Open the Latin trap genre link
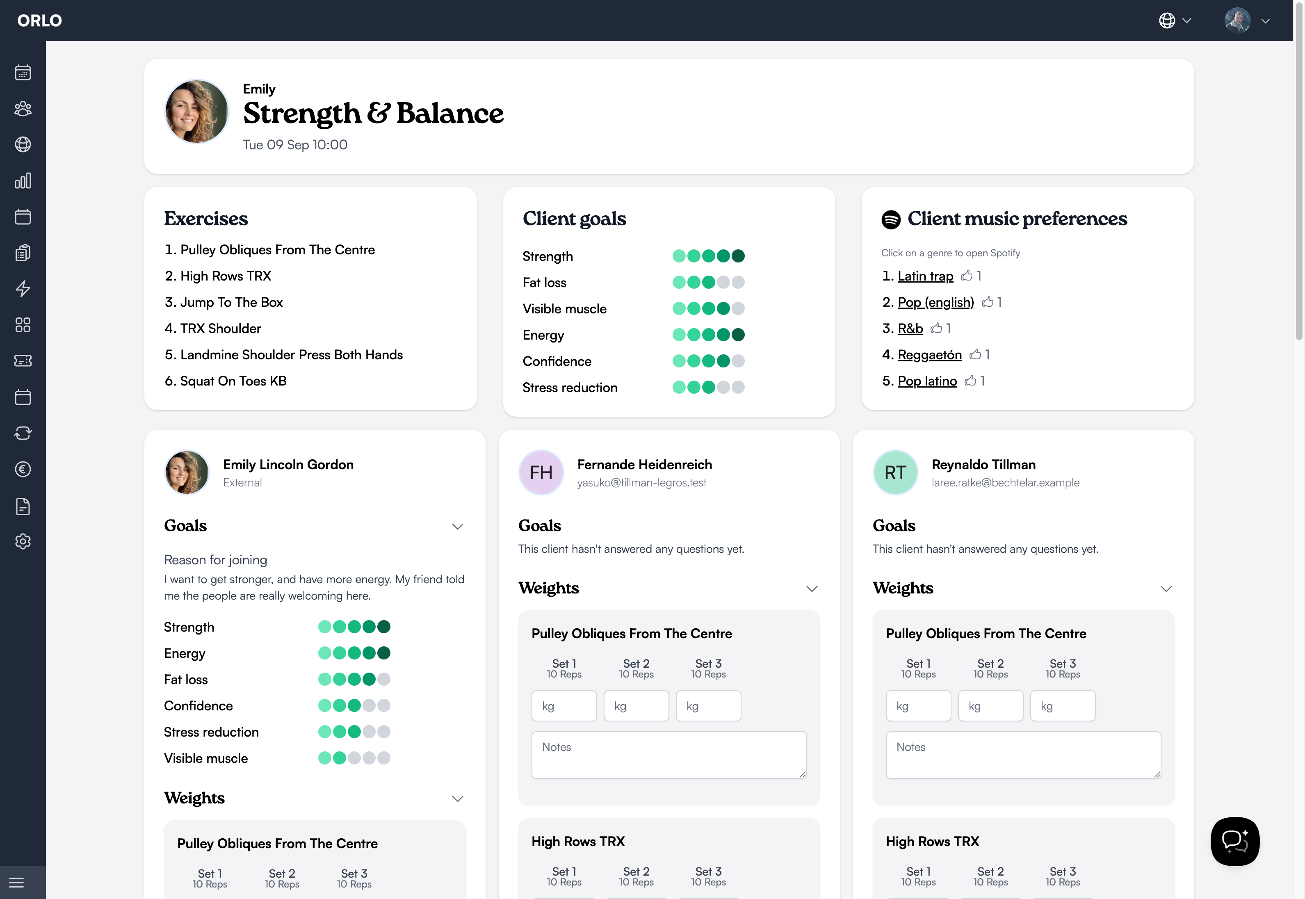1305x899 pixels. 925,276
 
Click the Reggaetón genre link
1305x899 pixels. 929,355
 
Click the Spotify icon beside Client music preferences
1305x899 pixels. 890,219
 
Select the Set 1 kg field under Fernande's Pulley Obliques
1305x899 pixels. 564,706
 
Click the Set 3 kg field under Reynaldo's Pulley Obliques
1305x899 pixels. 1062,706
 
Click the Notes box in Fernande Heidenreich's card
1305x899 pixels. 668,755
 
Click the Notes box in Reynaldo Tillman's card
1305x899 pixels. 1023,755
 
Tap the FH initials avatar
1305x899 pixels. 541,472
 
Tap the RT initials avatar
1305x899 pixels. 895,472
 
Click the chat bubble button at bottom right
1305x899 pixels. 1234,841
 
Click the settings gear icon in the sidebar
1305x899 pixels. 23,541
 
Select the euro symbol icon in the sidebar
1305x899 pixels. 23,469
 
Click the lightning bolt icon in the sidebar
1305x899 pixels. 23,288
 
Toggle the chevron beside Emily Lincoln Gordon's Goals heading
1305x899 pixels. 457,526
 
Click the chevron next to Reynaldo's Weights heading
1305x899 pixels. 1166,589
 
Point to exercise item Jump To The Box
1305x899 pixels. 231,303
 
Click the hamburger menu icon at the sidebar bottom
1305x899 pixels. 17,882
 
